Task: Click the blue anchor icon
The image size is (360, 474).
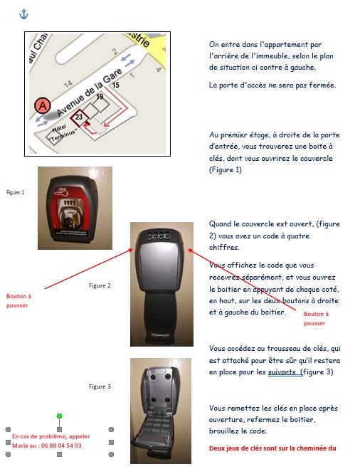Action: [x=23, y=14]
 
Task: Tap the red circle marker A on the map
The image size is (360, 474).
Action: [x=42, y=106]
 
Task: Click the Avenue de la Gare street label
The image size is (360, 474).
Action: [x=90, y=92]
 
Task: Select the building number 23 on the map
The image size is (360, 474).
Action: [x=79, y=117]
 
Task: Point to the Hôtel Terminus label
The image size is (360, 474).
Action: [x=63, y=133]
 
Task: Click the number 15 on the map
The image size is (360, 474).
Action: [x=115, y=85]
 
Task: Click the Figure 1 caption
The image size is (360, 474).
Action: [x=15, y=192]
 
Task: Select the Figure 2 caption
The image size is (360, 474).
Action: [x=100, y=285]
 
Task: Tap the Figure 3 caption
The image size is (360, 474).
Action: [x=100, y=386]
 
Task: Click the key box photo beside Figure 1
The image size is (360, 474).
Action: [x=75, y=208]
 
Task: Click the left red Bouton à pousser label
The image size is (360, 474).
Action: [x=18, y=301]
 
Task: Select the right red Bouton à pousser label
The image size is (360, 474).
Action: [x=316, y=319]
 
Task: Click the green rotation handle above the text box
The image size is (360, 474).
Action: [x=59, y=416]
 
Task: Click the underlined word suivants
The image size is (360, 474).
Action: [x=282, y=372]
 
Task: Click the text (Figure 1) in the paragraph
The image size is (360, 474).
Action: [x=226, y=169]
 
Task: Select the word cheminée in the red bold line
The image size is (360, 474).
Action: [x=309, y=448]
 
